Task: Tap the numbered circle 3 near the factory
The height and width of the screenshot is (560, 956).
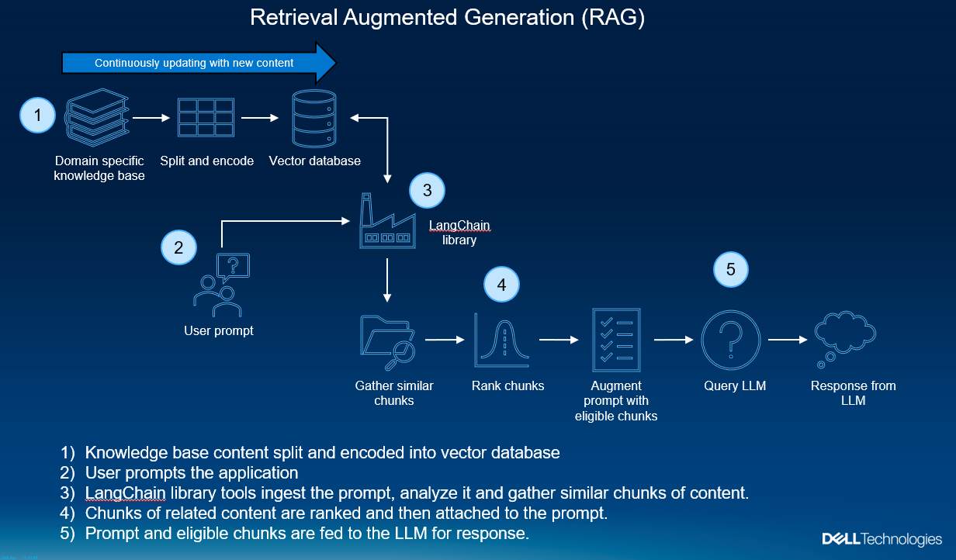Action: coord(427,190)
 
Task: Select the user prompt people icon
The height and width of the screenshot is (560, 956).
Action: coord(220,285)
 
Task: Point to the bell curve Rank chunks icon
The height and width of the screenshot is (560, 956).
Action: coord(503,340)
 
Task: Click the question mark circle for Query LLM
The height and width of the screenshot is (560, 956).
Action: coord(731,339)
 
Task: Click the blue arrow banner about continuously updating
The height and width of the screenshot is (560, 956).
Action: coord(199,63)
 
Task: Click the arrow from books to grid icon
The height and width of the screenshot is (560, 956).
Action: coord(151,118)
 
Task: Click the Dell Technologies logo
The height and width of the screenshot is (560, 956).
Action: coord(882,538)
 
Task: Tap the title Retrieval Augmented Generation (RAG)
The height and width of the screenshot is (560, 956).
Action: coord(447,19)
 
